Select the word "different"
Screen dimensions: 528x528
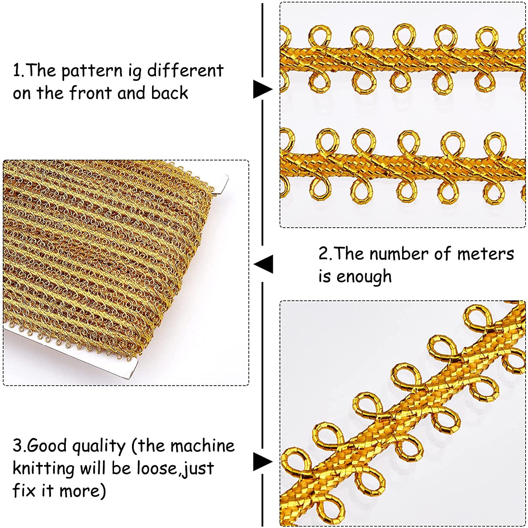[x=185, y=70]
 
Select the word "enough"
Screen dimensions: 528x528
[x=364, y=277]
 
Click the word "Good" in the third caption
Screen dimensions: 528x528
[x=47, y=446]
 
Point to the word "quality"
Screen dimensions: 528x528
[x=99, y=447]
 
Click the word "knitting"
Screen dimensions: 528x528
[x=44, y=469]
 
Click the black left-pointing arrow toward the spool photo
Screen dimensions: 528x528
[x=263, y=264]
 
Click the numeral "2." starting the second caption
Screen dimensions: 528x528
[x=325, y=254]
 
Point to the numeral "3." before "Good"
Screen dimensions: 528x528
[x=19, y=446]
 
